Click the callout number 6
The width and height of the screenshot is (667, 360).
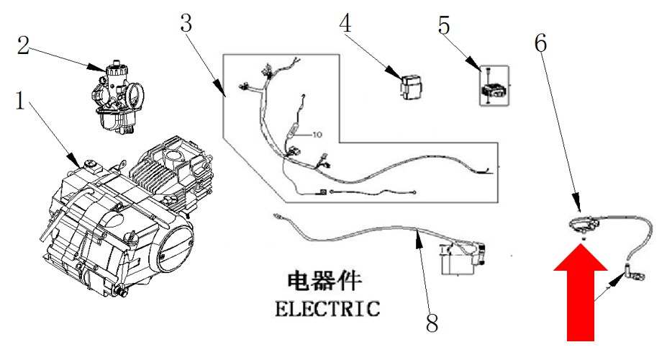pyautogui.click(x=540, y=42)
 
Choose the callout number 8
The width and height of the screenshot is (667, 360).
pyautogui.click(x=432, y=323)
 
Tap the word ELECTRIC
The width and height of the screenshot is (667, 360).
pyautogui.click(x=327, y=308)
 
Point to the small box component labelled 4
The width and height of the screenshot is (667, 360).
pyautogui.click(x=409, y=86)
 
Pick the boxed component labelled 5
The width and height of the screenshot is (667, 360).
pyautogui.click(x=494, y=86)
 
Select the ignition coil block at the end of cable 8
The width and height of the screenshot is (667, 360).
pyautogui.click(x=465, y=258)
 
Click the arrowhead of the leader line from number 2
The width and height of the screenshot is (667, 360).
pyautogui.click(x=105, y=71)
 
